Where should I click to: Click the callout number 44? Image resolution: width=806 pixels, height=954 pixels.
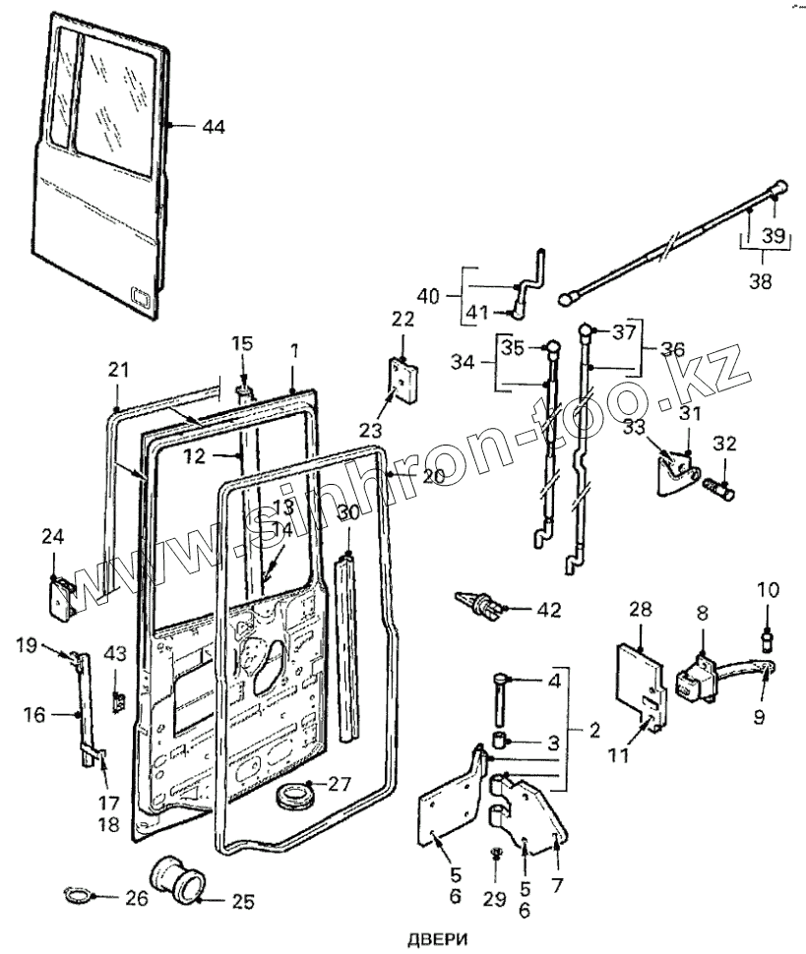click(x=213, y=127)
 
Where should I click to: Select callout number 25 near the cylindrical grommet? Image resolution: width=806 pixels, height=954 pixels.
click(x=242, y=900)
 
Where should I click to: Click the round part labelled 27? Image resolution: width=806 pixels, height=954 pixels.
click(x=296, y=795)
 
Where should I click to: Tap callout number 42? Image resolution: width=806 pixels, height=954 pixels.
click(x=548, y=610)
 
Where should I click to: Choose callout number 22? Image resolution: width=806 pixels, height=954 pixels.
click(x=403, y=321)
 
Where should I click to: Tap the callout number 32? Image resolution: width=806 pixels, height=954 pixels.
click(x=724, y=445)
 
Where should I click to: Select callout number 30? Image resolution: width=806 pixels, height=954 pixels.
click(x=348, y=512)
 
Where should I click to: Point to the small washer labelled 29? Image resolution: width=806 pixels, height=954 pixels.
click(x=496, y=853)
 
